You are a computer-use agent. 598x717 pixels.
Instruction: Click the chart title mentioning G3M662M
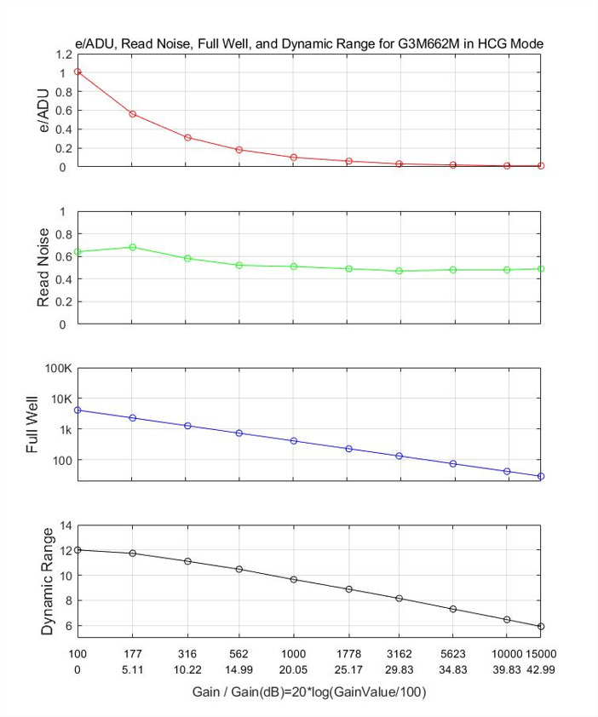[x=310, y=43]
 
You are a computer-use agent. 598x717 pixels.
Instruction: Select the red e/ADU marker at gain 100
[x=78, y=72]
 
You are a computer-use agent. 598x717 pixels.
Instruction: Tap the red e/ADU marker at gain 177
[x=132, y=113]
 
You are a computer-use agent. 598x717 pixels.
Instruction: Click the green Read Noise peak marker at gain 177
[x=132, y=247]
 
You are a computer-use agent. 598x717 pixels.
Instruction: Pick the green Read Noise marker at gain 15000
[x=541, y=268]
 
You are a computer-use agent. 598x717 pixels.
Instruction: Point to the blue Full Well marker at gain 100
[x=78, y=410]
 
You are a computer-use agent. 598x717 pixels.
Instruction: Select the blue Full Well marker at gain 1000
[x=293, y=440]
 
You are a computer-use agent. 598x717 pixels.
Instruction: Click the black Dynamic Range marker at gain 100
[x=78, y=550]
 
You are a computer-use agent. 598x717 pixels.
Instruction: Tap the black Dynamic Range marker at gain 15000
[x=541, y=626]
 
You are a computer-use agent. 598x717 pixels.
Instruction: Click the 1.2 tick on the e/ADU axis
[x=63, y=54]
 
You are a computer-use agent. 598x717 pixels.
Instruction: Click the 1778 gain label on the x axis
[x=348, y=654]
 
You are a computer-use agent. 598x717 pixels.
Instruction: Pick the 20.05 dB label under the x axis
[x=293, y=670]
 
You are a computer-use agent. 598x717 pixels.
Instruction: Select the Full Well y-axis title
[x=33, y=424]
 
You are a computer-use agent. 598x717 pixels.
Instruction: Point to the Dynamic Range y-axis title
[x=48, y=581]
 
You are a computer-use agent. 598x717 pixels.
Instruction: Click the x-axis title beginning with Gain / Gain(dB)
[x=309, y=693]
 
